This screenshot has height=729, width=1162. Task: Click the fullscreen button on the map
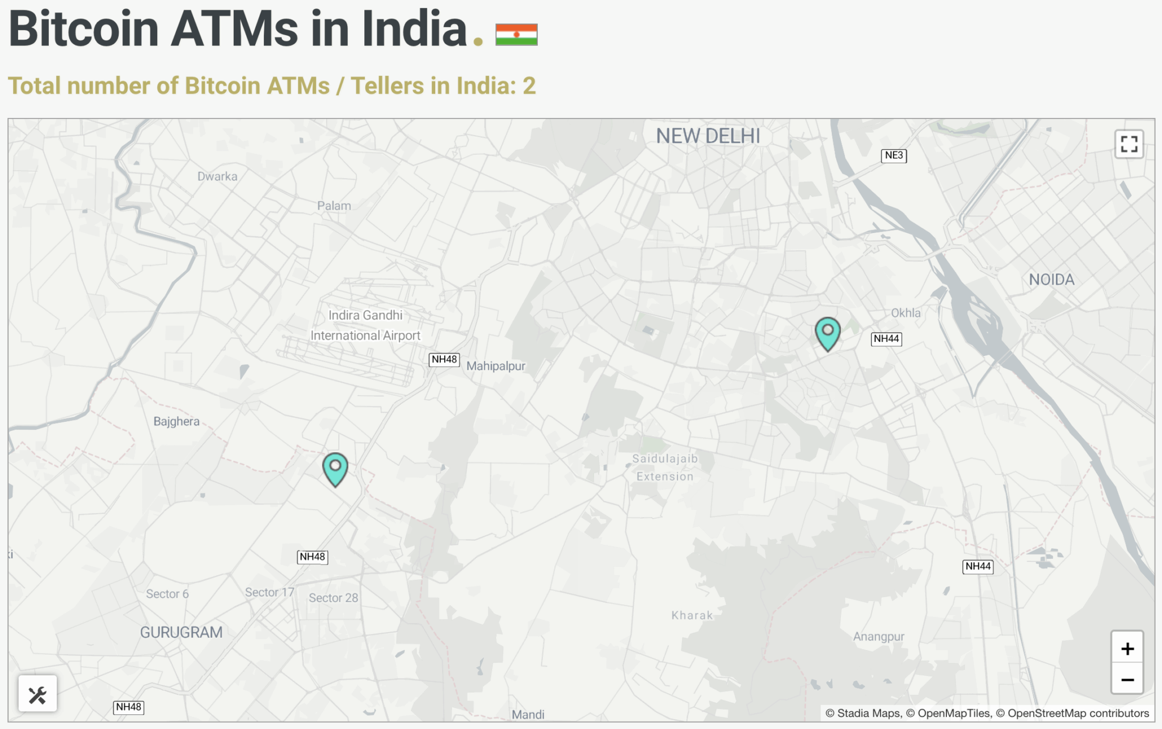[x=1129, y=144]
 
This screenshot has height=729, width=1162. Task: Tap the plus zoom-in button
[x=1127, y=649]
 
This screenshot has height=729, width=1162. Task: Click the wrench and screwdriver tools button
[x=37, y=694]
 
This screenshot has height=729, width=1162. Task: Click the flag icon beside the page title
[x=516, y=35]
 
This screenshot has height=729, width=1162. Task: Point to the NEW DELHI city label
[x=708, y=136]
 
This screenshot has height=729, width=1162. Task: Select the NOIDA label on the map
[x=1051, y=279]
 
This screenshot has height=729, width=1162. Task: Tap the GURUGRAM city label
[x=181, y=632]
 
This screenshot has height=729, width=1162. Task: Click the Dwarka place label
[x=217, y=176]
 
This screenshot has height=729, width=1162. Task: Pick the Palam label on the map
[x=334, y=206]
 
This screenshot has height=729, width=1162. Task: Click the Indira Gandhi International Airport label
[x=365, y=325]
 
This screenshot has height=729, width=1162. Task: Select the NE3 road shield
[x=894, y=155]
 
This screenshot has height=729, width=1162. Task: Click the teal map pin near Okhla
[x=827, y=332]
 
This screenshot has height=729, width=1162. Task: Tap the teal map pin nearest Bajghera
[x=335, y=468]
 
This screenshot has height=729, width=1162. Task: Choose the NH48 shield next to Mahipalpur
[x=444, y=359]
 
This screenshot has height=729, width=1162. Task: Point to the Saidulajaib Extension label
[x=665, y=468]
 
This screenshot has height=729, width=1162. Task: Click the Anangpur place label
[x=878, y=637]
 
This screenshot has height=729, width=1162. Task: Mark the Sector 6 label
[x=167, y=594]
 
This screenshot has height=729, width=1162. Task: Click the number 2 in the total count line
[x=529, y=86]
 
